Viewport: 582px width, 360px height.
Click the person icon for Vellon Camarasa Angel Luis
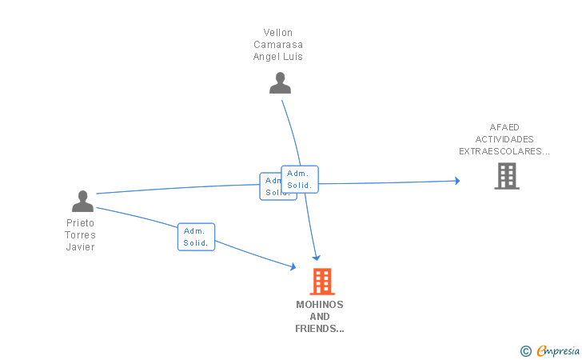coord(280,83)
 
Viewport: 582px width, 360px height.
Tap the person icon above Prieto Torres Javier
coord(82,201)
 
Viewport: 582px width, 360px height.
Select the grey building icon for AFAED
coord(507,176)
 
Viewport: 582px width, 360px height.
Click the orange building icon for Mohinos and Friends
coord(321,282)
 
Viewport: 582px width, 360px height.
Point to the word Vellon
coord(277,33)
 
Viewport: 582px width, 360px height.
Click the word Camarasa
coord(277,45)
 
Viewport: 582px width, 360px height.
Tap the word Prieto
coord(80,223)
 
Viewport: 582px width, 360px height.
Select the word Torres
coord(80,235)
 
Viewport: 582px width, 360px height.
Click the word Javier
coord(80,247)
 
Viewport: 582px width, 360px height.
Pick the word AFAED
coord(504,127)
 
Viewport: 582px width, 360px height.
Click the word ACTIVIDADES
coord(504,139)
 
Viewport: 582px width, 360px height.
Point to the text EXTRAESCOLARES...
coord(504,151)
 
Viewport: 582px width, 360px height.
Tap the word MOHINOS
coord(320,305)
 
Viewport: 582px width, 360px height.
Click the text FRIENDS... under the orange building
coord(320,329)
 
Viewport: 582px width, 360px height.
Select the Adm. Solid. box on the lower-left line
coord(196,237)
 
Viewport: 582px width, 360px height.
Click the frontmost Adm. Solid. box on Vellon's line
coord(300,179)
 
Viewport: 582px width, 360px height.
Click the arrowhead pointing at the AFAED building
coord(456,181)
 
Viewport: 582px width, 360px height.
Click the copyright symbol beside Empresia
coord(525,350)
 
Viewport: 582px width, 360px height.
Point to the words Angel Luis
coord(277,57)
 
